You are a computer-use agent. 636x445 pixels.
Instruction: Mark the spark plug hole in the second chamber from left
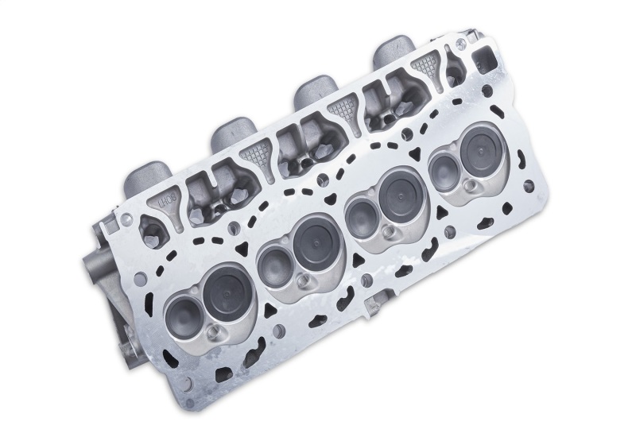304,281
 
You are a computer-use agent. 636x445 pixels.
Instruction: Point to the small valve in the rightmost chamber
442,171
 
